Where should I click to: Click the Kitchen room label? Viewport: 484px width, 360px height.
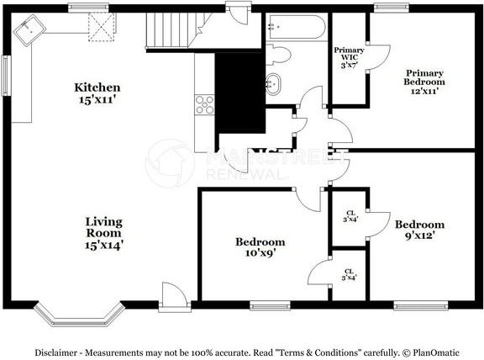tap(97, 93)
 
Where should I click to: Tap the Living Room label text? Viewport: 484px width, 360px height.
tap(104, 233)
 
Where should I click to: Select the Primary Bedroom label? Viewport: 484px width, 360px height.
tap(424, 82)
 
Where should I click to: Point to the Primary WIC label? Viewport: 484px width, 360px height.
tap(349, 57)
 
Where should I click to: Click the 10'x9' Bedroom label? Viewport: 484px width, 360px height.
tap(260, 247)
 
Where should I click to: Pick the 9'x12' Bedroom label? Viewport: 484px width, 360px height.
tap(420, 230)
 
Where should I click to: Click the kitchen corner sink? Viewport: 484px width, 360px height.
tap(29, 30)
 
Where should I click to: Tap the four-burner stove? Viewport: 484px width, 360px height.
tap(204, 105)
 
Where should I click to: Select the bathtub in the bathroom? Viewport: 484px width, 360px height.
tap(296, 27)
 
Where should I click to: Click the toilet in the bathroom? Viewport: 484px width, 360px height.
tap(278, 55)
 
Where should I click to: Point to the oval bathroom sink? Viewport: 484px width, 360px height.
tap(273, 84)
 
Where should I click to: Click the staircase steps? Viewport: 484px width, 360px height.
tap(173, 30)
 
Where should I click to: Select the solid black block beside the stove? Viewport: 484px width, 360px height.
tap(240, 93)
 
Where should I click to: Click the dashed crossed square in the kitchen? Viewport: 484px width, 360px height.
tap(102, 27)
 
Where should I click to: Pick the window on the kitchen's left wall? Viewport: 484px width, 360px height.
tap(6, 76)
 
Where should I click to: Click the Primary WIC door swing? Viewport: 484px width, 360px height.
tap(379, 57)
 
